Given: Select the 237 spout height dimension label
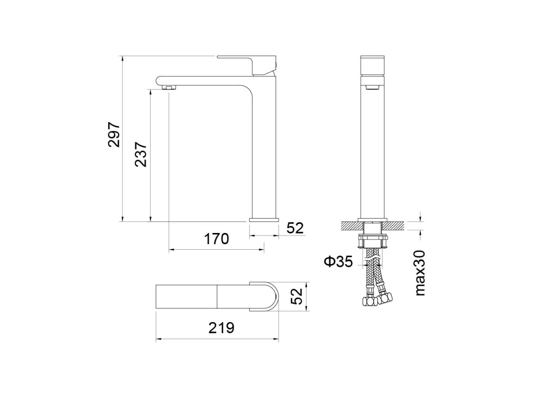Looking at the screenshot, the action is pyautogui.click(x=141, y=154).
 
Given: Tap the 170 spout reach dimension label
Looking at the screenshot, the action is pyautogui.click(x=217, y=239).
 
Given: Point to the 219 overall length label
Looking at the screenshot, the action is pyautogui.click(x=221, y=328).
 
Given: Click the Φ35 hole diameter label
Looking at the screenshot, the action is pyautogui.click(x=339, y=261).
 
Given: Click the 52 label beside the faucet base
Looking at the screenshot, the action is pyautogui.click(x=295, y=228).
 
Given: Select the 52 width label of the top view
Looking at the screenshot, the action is pyautogui.click(x=297, y=296).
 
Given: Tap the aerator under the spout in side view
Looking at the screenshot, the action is pyautogui.click(x=169, y=87).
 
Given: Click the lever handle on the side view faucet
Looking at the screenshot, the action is pyautogui.click(x=247, y=65).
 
